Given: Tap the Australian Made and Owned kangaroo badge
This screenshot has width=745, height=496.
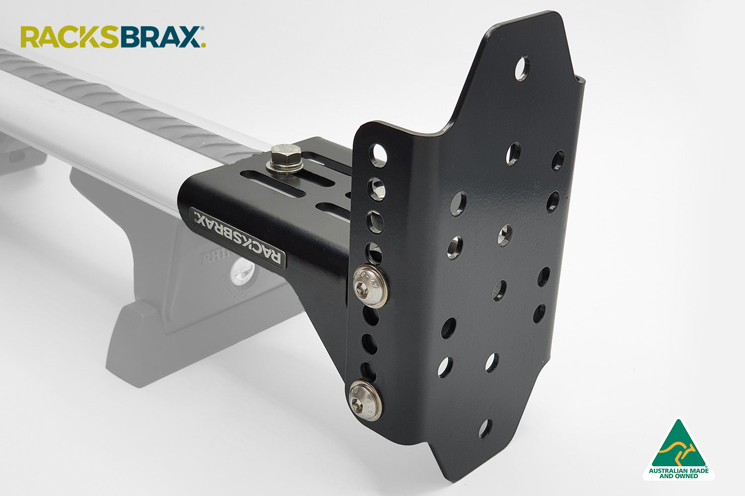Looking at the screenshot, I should click(678, 449).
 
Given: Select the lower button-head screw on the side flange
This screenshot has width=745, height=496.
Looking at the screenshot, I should click(365, 400).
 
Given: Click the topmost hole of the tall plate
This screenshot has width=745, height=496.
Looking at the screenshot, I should click(522, 69).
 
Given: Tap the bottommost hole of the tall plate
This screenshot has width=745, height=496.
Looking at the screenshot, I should click(485, 429).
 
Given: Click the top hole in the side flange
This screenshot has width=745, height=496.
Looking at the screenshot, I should click(378, 155).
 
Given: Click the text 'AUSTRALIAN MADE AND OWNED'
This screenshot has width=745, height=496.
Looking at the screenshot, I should click(678, 473).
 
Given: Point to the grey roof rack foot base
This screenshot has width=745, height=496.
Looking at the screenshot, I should click(199, 342).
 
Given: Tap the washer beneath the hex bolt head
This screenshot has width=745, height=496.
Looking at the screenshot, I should click(282, 168).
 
